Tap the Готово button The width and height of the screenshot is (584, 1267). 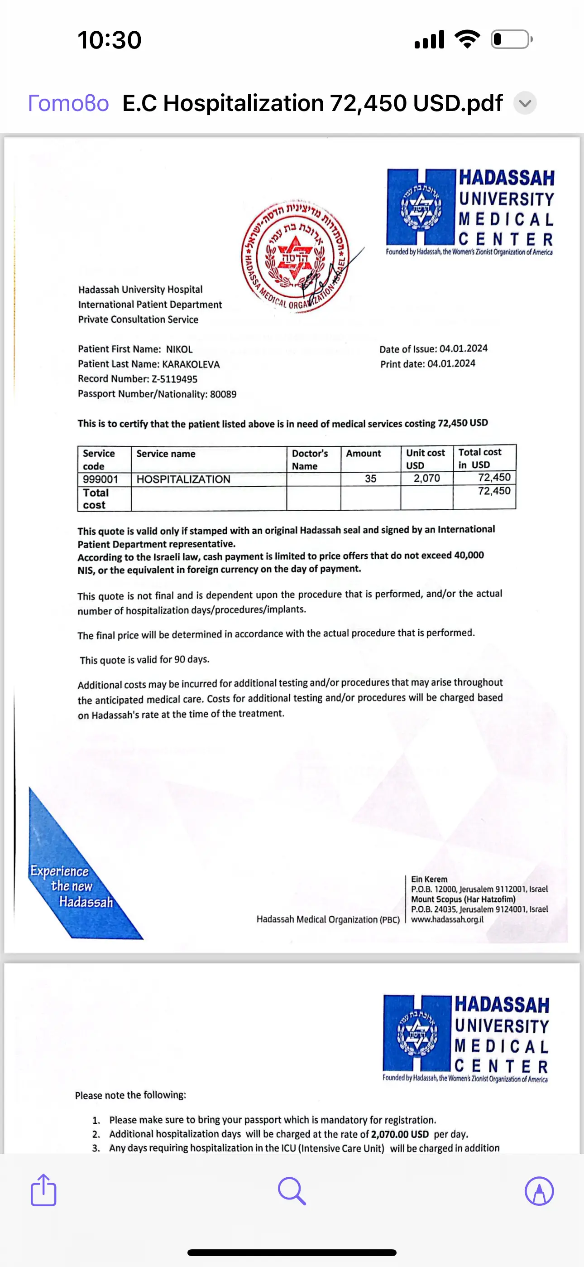[x=68, y=103]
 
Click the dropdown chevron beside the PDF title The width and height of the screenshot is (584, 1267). [x=525, y=103]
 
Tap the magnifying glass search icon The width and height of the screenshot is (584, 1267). [x=292, y=1191]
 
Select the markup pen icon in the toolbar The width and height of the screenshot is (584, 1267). [x=539, y=1191]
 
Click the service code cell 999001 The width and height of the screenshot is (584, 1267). [x=101, y=479]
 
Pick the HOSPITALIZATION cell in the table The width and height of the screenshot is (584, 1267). [x=183, y=479]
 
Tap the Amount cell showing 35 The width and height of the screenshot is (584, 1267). [x=371, y=479]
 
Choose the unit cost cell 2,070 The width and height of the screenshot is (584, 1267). [x=427, y=478]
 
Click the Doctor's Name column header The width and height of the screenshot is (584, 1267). [x=310, y=459]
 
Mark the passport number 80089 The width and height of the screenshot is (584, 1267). [x=223, y=394]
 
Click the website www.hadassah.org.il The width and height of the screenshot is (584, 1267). [x=447, y=919]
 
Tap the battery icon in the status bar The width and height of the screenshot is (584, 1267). [x=511, y=39]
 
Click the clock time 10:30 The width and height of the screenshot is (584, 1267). [x=109, y=40]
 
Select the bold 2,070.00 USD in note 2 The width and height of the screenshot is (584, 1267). [x=400, y=1134]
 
